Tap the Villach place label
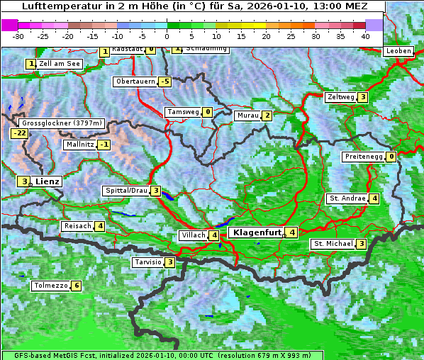click(194, 235)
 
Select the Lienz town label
click(47, 181)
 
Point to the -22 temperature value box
click(19, 133)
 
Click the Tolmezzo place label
click(50, 286)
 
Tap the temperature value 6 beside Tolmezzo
click(77, 286)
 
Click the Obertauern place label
click(135, 81)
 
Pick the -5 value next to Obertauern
click(165, 81)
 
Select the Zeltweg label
click(340, 97)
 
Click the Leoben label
click(398, 51)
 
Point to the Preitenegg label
click(364, 157)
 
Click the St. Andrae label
click(347, 198)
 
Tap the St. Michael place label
click(333, 244)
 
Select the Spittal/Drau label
click(126, 191)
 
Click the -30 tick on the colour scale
click(18, 35)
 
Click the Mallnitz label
click(79, 145)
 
